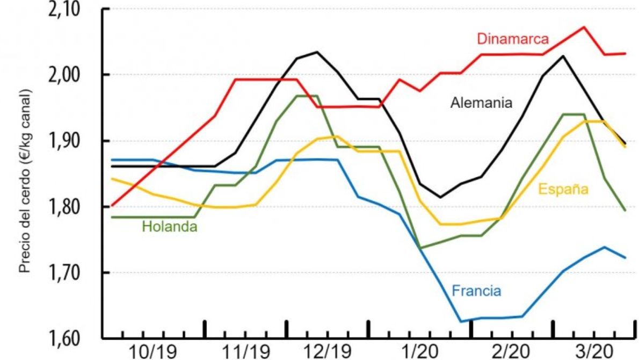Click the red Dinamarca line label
click(x=513, y=39)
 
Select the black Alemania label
click(x=481, y=103)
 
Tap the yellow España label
click(x=563, y=189)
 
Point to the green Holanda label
click(x=169, y=227)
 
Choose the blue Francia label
click(x=476, y=291)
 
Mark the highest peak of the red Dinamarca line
click(x=584, y=26)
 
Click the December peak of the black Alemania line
click(x=316, y=52)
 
